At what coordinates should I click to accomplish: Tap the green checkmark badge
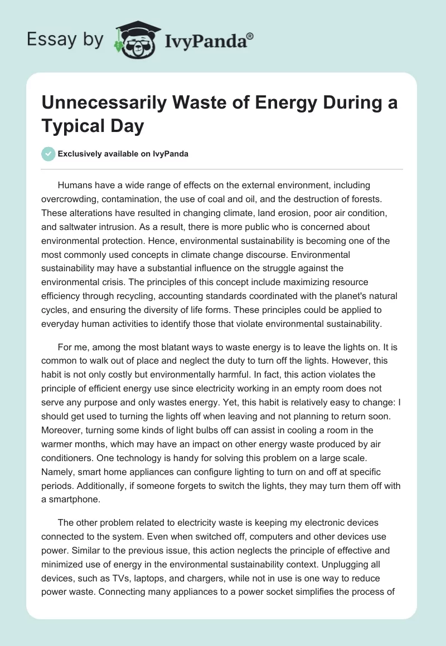(49, 154)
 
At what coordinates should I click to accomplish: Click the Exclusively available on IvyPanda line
(123, 154)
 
